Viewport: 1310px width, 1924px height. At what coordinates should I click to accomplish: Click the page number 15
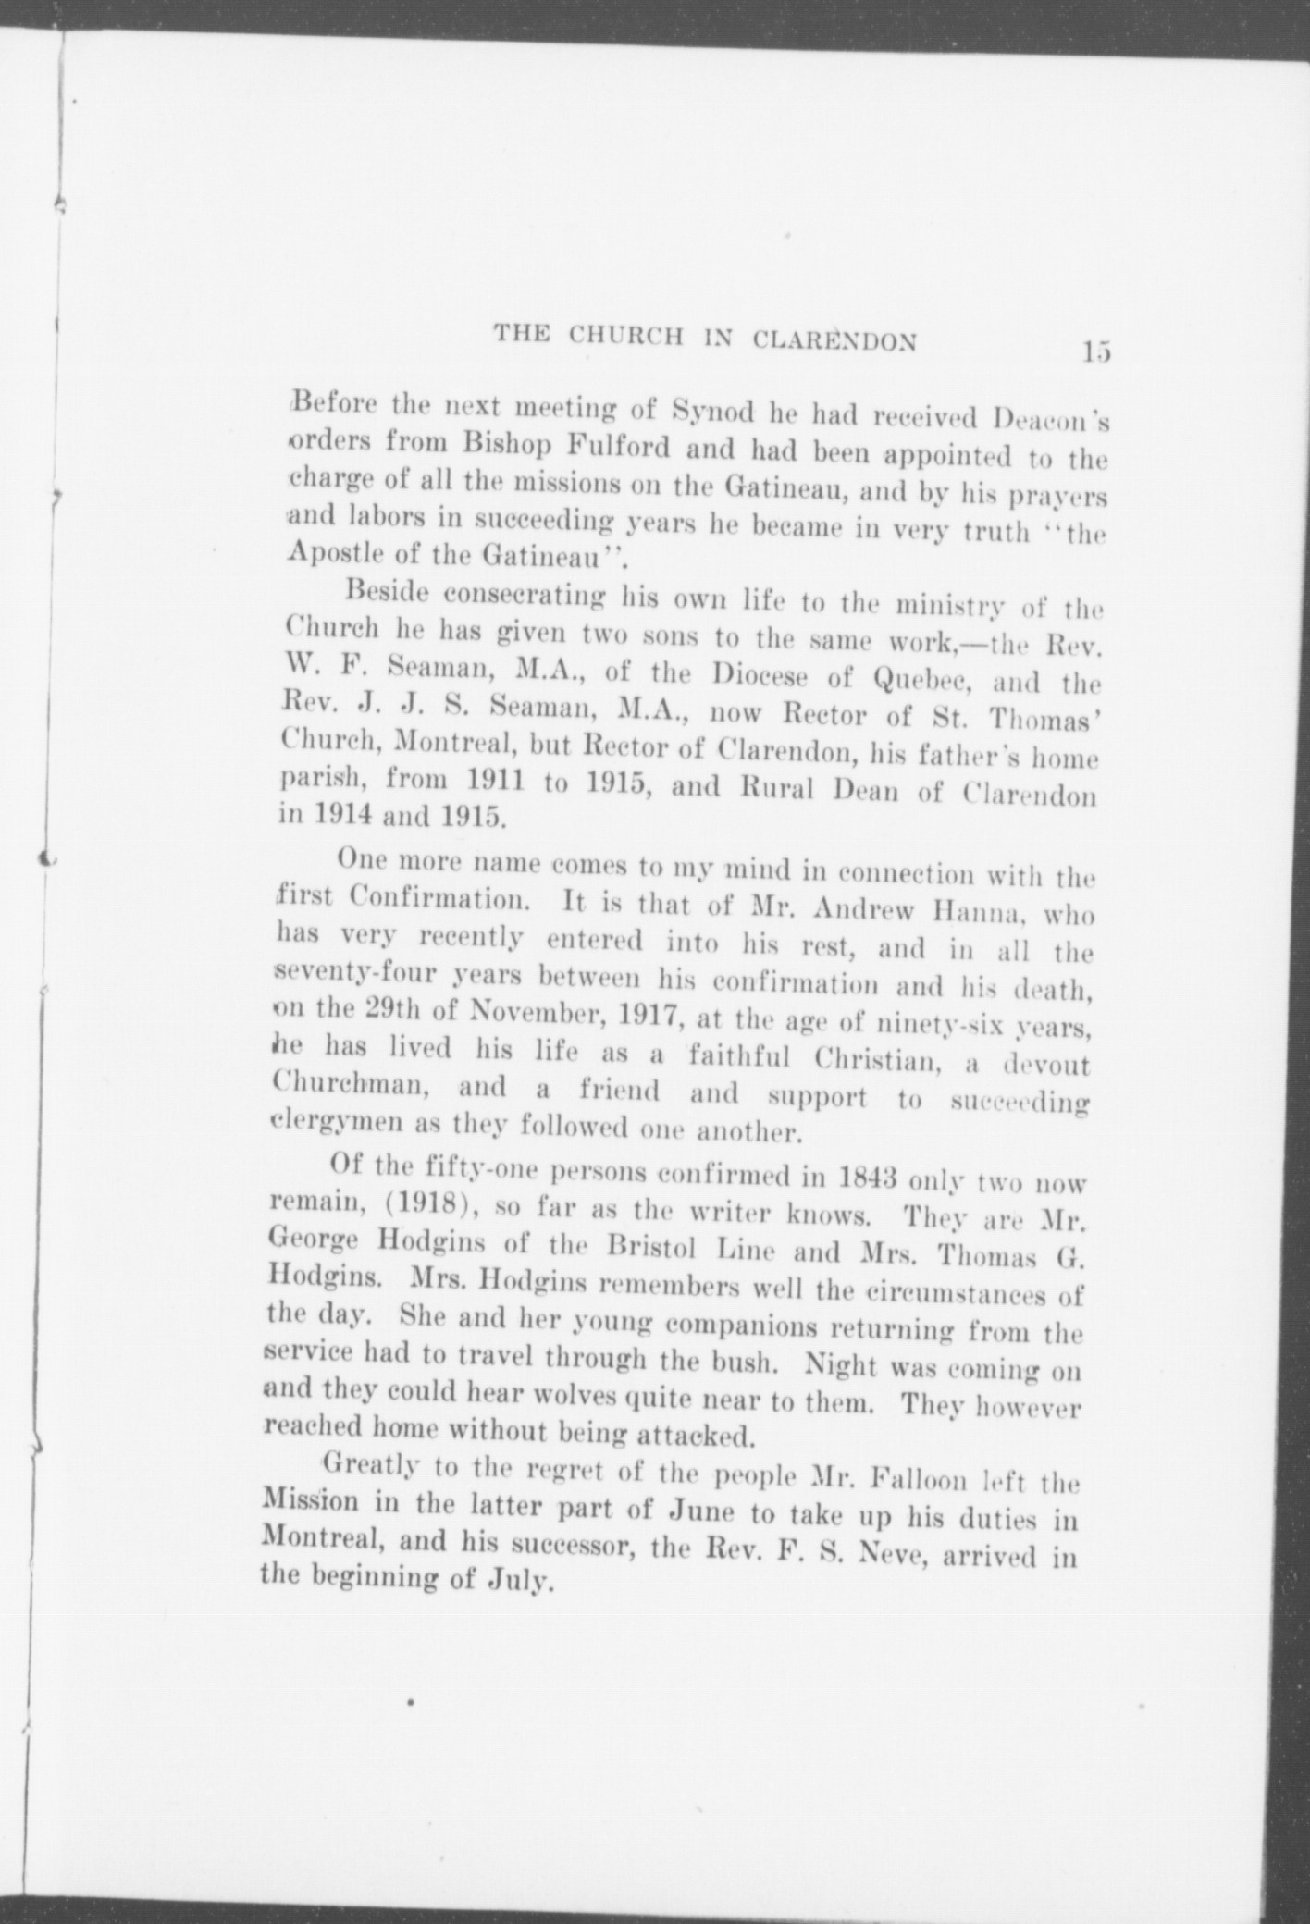point(1094,352)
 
